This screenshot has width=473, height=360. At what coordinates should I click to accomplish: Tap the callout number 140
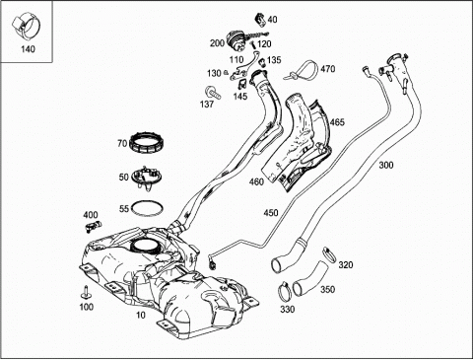[28, 49]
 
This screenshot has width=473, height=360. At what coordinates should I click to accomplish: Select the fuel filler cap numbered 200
[236, 40]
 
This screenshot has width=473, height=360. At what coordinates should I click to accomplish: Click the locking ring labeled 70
[147, 143]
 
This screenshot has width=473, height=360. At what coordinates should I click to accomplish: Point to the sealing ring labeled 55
[147, 208]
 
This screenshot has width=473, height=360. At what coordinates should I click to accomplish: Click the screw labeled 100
[87, 292]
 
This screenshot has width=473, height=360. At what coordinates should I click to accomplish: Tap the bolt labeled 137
[213, 93]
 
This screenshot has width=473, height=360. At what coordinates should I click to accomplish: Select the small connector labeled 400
[93, 226]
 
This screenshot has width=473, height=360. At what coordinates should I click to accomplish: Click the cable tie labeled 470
[303, 71]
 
